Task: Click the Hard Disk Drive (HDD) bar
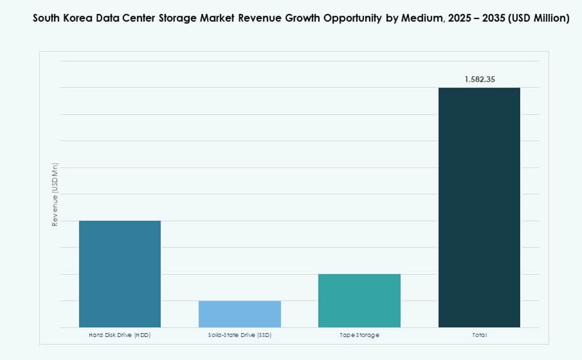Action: click(x=120, y=274)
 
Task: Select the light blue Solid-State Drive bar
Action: click(x=239, y=314)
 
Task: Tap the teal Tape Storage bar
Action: click(x=359, y=300)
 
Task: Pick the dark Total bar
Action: click(x=479, y=207)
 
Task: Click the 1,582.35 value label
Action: click(x=479, y=79)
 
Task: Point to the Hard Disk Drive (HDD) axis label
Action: click(x=120, y=335)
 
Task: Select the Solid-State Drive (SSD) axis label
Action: click(x=239, y=335)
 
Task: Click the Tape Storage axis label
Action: click(x=359, y=335)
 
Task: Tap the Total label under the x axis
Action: click(x=479, y=335)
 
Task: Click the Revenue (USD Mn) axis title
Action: click(x=55, y=194)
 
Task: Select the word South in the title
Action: click(x=46, y=18)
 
